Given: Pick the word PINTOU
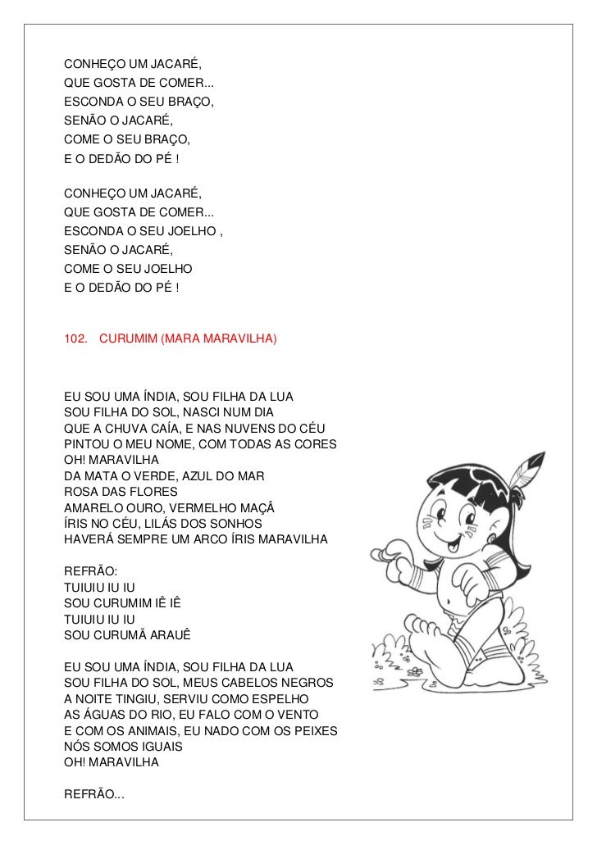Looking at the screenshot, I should pyautogui.click(x=84, y=444).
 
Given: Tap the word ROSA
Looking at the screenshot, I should pyautogui.click(x=80, y=491).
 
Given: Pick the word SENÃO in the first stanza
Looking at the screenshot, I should pyautogui.click(x=84, y=122).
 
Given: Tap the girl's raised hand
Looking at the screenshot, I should pyautogui.click(x=392, y=551).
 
